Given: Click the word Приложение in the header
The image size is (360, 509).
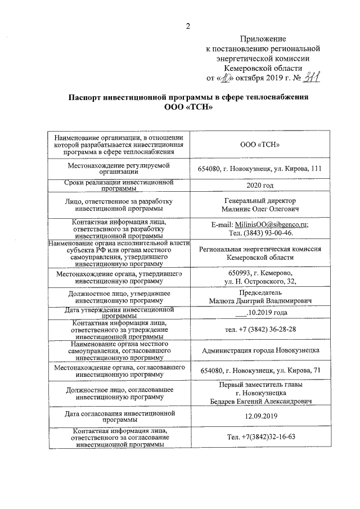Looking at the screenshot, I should pyautogui.click(x=263, y=39).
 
